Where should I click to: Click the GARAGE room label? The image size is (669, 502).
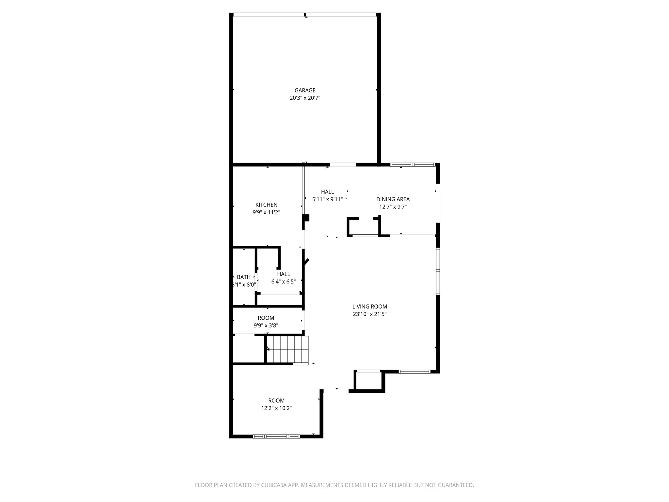pyautogui.click(x=305, y=90)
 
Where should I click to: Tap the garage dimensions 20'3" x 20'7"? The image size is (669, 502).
pyautogui.click(x=305, y=98)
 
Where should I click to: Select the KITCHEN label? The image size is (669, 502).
pyautogui.click(x=266, y=205)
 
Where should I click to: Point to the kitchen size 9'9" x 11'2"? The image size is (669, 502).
pyautogui.click(x=266, y=212)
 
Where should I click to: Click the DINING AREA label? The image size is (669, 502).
pyautogui.click(x=393, y=199)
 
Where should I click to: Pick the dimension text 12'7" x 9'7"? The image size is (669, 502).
pyautogui.click(x=393, y=207)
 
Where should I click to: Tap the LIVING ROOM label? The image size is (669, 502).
pyautogui.click(x=369, y=307)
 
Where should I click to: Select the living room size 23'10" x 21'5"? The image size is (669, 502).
pyautogui.click(x=369, y=314)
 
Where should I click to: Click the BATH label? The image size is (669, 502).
pyautogui.click(x=244, y=277)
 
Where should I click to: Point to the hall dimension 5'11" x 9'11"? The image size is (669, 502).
pyautogui.click(x=327, y=199)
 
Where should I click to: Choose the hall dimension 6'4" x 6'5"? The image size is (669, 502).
pyautogui.click(x=283, y=281)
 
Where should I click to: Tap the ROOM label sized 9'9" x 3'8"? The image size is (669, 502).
pyautogui.click(x=266, y=318)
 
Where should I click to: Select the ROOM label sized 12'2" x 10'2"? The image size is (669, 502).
pyautogui.click(x=276, y=400)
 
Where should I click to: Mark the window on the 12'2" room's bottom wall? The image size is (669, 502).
pyautogui.click(x=276, y=436)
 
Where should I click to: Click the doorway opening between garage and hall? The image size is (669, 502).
pyautogui.click(x=343, y=165)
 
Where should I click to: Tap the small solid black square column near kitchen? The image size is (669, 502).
pyautogui.click(x=306, y=218)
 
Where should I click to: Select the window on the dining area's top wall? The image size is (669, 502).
pyautogui.click(x=413, y=165)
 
